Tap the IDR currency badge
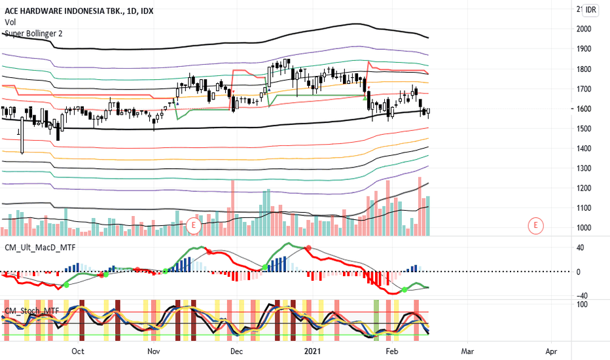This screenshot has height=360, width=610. point(591,10)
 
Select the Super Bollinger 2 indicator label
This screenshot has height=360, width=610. point(34,33)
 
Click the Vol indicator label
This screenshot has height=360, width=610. point(10,22)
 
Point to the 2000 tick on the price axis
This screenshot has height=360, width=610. point(584,29)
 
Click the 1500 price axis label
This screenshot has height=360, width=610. point(584,129)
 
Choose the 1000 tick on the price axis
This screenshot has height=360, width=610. point(584,228)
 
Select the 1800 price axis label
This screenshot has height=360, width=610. point(584,69)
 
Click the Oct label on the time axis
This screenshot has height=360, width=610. point(78,351)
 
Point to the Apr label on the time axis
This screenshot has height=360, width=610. point(550,351)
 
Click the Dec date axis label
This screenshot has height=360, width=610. point(237,351)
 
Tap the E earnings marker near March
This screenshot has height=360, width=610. point(535,226)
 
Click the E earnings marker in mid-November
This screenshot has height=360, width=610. point(193,226)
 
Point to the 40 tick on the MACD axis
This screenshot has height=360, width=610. point(581,247)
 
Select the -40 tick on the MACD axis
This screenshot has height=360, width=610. point(579,295)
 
